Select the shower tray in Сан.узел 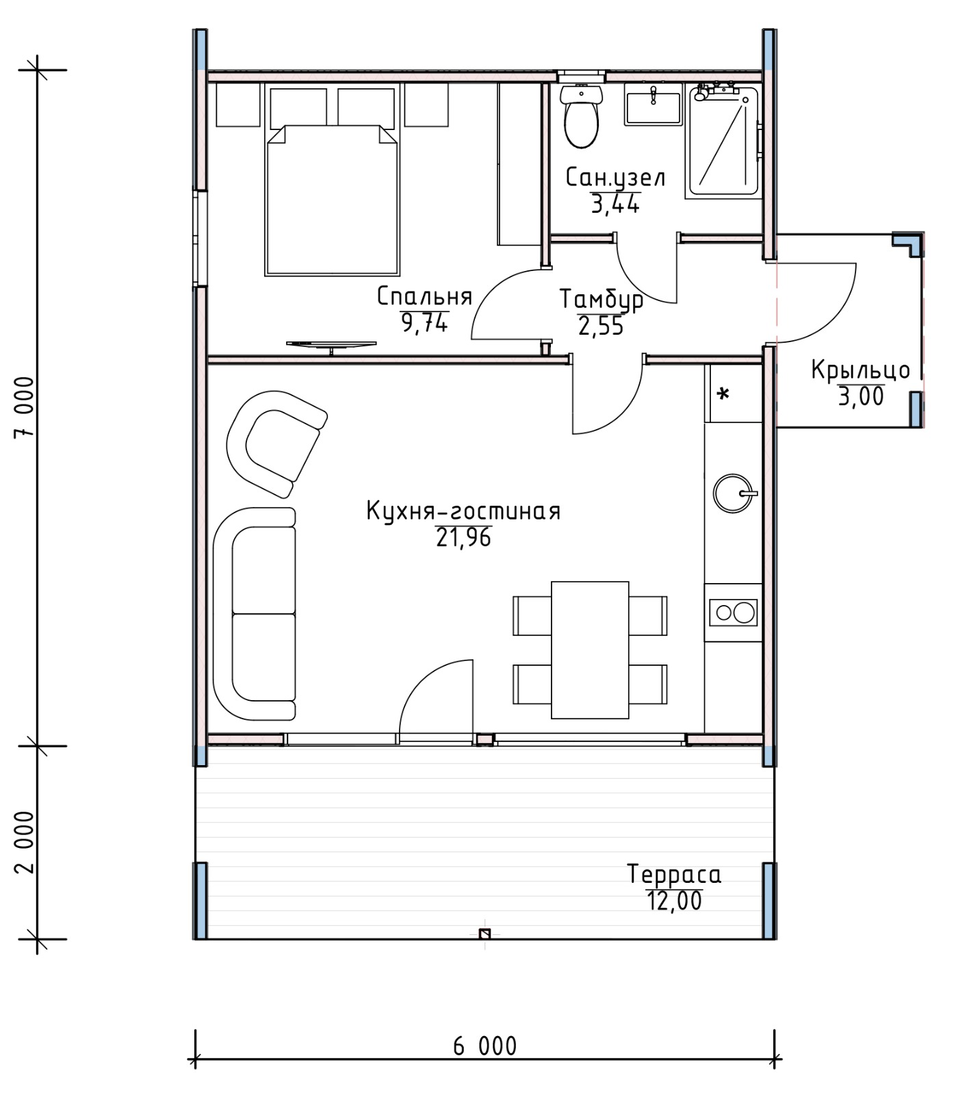tap(723, 142)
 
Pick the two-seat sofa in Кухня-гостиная tap(255, 614)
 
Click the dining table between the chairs tap(590, 650)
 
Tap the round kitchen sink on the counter tap(734, 492)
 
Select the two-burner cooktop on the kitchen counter tap(734, 612)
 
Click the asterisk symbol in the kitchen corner tap(723, 394)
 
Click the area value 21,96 tap(464, 539)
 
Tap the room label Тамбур tap(601, 300)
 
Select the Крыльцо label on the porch tap(861, 370)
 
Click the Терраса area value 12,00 tap(674, 901)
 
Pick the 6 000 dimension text tap(485, 1046)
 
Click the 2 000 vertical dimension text tap(24, 842)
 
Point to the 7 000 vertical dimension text tap(24, 407)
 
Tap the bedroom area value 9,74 tap(424, 322)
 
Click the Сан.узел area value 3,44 tap(615, 203)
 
